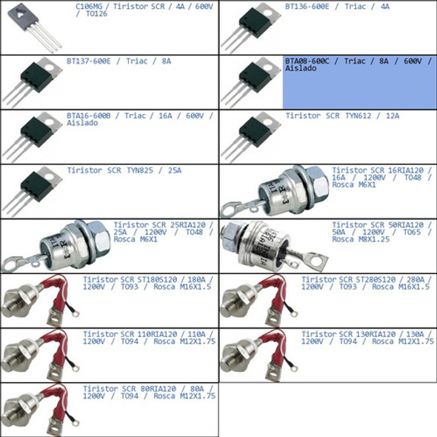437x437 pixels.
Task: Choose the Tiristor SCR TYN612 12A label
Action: pos(342,116)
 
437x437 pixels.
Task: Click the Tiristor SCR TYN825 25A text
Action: pos(124,170)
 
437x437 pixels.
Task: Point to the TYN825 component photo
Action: pos(33,191)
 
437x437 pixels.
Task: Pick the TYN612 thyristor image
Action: pos(252,137)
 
